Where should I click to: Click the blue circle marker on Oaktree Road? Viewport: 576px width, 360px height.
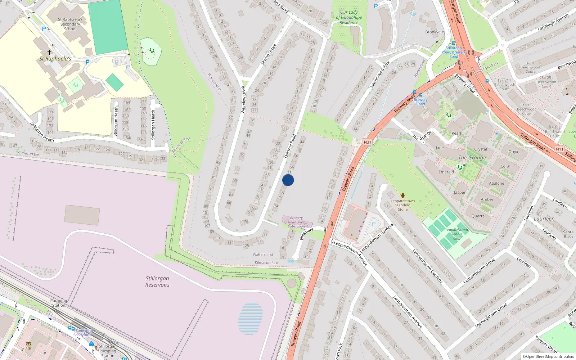pyautogui.click(x=288, y=180)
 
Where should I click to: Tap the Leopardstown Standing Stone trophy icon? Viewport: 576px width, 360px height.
pyautogui.click(x=402, y=195)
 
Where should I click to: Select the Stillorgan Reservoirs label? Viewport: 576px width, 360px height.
pyautogui.click(x=157, y=282)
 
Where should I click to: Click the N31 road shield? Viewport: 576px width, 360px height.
pyautogui.click(x=367, y=142)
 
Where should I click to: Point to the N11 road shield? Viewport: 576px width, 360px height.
pyautogui.click(x=559, y=149)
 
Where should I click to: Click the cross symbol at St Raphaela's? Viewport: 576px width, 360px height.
pyautogui.click(x=49, y=53)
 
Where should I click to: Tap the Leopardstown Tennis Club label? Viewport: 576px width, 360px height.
pyautogui.click(x=456, y=234)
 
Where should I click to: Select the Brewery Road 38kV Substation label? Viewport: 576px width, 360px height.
pyautogui.click(x=296, y=222)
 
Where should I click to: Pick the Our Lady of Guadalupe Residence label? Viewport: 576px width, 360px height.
pyautogui.click(x=349, y=17)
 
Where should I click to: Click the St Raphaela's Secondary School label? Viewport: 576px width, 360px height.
pyautogui.click(x=70, y=24)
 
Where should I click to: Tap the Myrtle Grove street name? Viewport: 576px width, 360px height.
pyautogui.click(x=269, y=54)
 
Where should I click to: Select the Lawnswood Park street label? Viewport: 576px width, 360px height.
pyautogui.click(x=380, y=75)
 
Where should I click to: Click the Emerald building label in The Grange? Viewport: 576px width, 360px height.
pyautogui.click(x=446, y=172)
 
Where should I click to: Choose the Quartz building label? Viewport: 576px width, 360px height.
pyautogui.click(x=478, y=216)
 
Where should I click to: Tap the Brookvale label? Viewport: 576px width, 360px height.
pyautogui.click(x=435, y=32)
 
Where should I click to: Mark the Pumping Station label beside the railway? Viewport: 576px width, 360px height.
pyautogui.click(x=59, y=303)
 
